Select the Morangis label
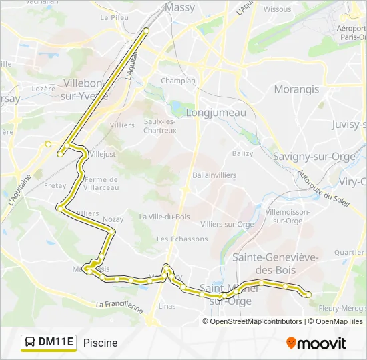[296, 89]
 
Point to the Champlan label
[178, 81]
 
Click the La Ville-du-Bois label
[163, 217]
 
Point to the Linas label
[167, 306]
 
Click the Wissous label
[277, 9]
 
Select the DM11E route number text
[56, 343]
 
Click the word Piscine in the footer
[101, 343]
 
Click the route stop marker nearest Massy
[146, 30]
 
